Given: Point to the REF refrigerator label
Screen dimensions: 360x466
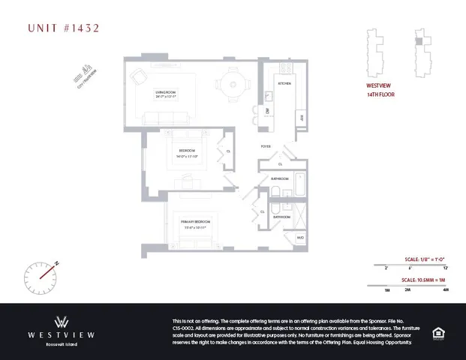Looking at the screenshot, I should pyautogui.click(x=302, y=118).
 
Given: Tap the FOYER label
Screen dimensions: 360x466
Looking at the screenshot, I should pyautogui.click(x=266, y=147).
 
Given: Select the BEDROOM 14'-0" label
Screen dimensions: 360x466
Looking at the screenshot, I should pyautogui.click(x=186, y=155).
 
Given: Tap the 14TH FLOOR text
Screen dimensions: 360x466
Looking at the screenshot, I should pyautogui.click(x=380, y=95).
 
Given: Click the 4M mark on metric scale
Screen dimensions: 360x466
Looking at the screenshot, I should pyautogui.click(x=446, y=289).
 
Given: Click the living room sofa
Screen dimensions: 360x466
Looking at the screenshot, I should pyautogui.click(x=167, y=117).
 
